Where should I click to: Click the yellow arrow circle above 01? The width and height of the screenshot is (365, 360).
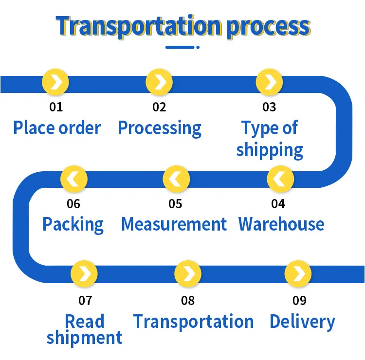point(55,82)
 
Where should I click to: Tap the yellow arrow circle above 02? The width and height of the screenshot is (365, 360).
point(159,82)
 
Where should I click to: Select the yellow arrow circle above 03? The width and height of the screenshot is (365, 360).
point(269,82)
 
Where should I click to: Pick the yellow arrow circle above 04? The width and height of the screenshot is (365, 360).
point(280,179)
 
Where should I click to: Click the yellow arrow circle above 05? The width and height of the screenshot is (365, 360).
point(176,179)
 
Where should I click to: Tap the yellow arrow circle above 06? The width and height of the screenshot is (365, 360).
point(74,179)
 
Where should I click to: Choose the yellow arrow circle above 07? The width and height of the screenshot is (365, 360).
point(84,274)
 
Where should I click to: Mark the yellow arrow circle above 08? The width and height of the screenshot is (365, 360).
point(188,274)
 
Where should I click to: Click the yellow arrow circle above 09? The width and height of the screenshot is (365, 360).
point(298,274)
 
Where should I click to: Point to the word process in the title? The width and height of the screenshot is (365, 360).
point(268,26)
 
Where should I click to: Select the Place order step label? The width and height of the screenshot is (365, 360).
point(57,128)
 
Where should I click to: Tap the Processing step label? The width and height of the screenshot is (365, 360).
point(160,128)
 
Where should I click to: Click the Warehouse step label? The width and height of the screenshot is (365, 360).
point(281,224)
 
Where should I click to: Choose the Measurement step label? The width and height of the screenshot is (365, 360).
point(174,224)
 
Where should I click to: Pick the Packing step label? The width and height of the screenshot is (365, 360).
point(73,225)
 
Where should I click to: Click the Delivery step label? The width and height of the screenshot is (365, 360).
point(302,322)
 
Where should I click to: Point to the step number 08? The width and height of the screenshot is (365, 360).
point(188,300)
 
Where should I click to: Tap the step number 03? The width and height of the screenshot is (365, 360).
point(269,107)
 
